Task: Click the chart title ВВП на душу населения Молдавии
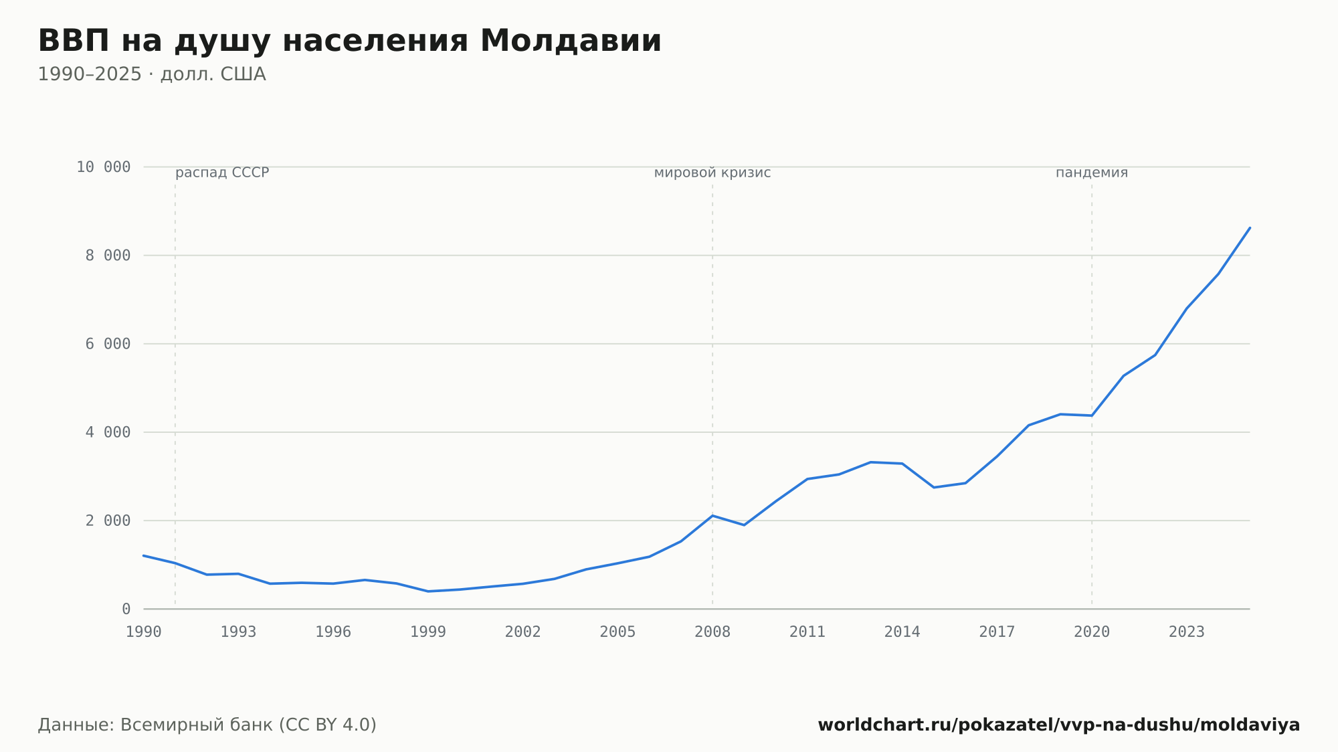[x=349, y=41]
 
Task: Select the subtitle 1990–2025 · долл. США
[x=152, y=74]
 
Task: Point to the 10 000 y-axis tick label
[x=103, y=167]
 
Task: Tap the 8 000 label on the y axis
[x=108, y=256]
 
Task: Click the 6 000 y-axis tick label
[x=108, y=344]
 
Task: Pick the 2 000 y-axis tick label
[x=108, y=521]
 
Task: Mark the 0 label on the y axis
[x=126, y=609]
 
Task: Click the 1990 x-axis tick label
[x=144, y=632]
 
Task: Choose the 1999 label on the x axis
[x=428, y=632]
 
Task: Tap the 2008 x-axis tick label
[x=712, y=632]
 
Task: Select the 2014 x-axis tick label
[x=902, y=632]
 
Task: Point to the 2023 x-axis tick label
[x=1187, y=632]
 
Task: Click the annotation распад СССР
[x=222, y=173]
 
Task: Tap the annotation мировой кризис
[x=712, y=173]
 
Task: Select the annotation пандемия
[x=1092, y=173]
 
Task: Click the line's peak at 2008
[x=712, y=516]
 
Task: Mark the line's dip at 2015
[x=934, y=487]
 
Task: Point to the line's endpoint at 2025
[x=1250, y=227]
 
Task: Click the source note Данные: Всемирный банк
[x=207, y=725]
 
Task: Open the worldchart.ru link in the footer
[x=1059, y=725]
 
